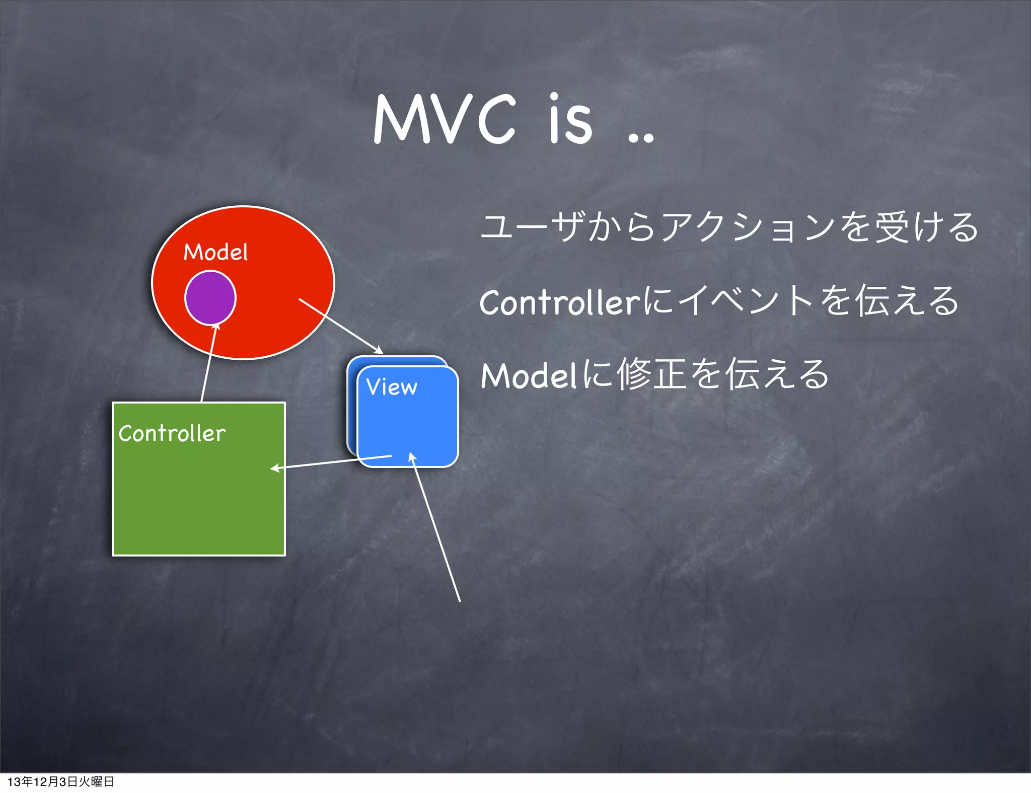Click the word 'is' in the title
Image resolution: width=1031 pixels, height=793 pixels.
[x=570, y=120]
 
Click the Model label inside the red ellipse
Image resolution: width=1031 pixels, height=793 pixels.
[x=215, y=252]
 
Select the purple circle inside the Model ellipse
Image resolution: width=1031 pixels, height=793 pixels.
[x=210, y=298]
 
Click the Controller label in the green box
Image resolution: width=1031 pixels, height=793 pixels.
[x=172, y=433]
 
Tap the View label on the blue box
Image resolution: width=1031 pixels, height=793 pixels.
[x=392, y=387]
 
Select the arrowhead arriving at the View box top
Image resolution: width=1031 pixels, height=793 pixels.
[x=379, y=350]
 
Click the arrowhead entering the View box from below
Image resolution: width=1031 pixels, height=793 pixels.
[x=411, y=456]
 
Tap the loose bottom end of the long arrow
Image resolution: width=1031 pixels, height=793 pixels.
[x=459, y=600]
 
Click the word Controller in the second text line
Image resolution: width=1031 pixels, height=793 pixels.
[x=559, y=302]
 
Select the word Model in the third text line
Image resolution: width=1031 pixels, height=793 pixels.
[x=529, y=376]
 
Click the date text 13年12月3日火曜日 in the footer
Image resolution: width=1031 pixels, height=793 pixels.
[x=60, y=781]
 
